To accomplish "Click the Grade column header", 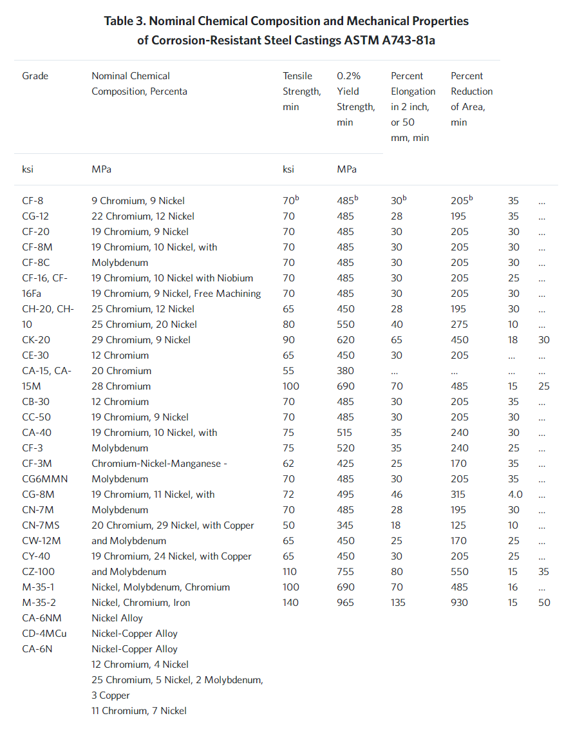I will (x=35, y=76).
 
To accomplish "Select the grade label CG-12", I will (x=35, y=216).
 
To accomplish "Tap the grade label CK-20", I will (x=35, y=340).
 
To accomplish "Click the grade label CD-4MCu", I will (x=44, y=634).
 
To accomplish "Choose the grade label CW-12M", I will (x=39, y=541).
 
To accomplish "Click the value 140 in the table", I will (x=291, y=603).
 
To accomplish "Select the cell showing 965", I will (x=345, y=603).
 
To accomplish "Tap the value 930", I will (x=460, y=603).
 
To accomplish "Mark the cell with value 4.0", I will (x=515, y=495).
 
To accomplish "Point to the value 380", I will (x=345, y=371).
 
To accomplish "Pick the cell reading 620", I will (x=345, y=340).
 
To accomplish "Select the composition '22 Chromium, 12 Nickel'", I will (x=143, y=216).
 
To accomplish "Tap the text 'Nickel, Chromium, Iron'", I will (x=141, y=603).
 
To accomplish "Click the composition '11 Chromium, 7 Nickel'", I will (x=139, y=711).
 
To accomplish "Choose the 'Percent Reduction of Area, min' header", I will (x=472, y=99).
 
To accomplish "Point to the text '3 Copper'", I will (x=111, y=695).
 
